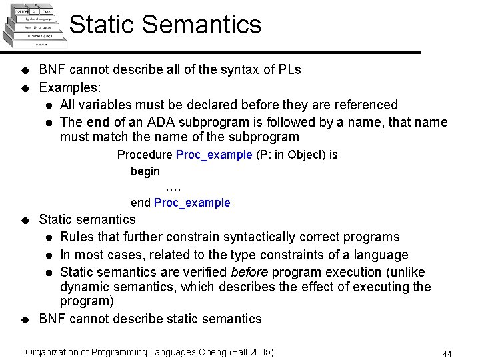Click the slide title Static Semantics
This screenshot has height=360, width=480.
(x=165, y=25)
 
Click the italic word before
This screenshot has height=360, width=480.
(x=250, y=272)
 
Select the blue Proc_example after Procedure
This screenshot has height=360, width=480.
(x=214, y=155)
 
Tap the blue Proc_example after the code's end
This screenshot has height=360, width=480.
(x=192, y=203)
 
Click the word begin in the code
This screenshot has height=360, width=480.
(x=145, y=171)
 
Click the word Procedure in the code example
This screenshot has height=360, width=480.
(x=145, y=155)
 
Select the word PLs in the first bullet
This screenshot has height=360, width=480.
(x=288, y=70)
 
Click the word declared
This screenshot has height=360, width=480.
(x=217, y=105)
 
